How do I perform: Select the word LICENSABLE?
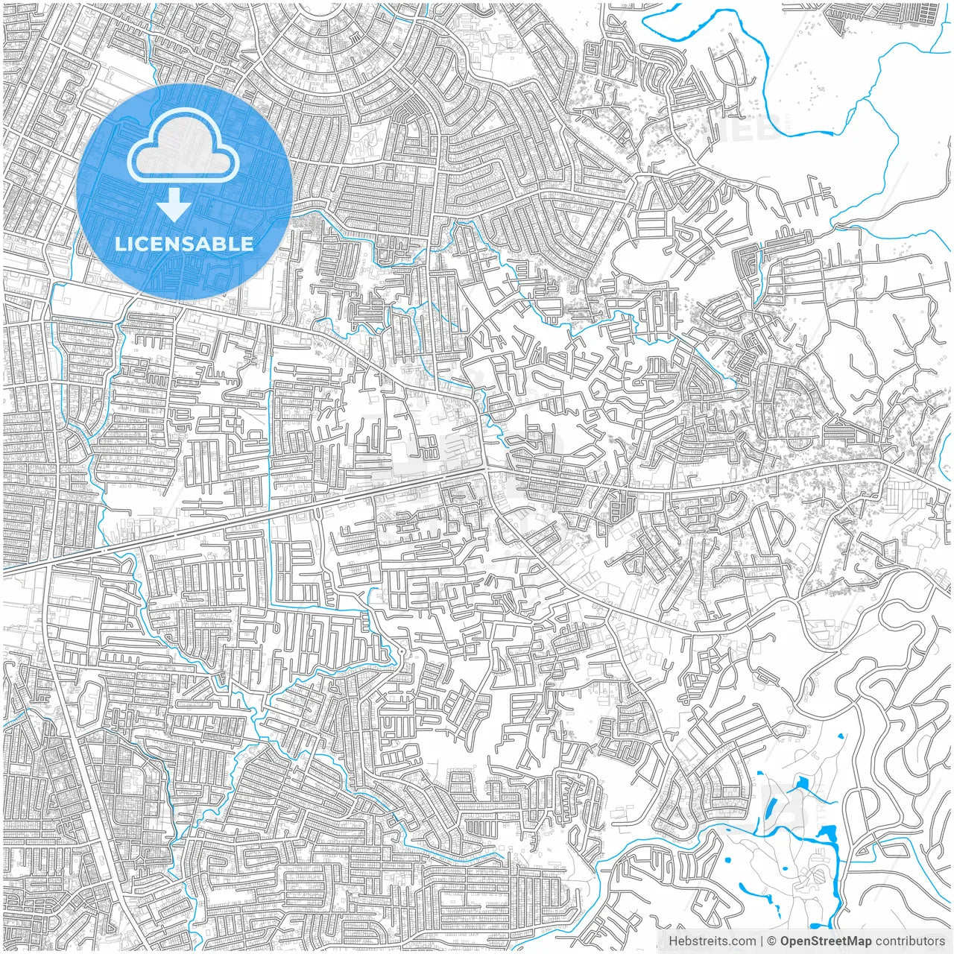[x=183, y=244]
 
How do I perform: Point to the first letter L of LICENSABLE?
[x=119, y=244]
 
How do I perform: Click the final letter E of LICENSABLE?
[x=247, y=244]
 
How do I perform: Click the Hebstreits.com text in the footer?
[x=711, y=941]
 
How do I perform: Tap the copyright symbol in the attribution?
[x=772, y=941]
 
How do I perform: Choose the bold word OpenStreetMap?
[x=826, y=941]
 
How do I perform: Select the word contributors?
[x=910, y=941]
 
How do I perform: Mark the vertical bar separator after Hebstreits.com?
[x=762, y=941]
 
